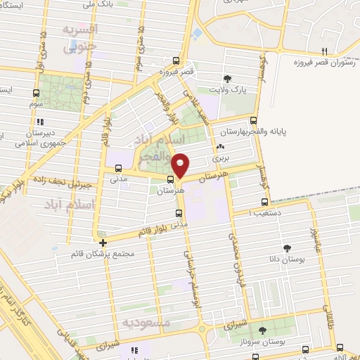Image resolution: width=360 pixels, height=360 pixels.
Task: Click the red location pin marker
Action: [181, 165]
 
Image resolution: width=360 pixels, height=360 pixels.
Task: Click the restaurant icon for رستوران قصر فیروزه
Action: [324, 51]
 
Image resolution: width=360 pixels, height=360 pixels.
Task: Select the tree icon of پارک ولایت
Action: [226, 79]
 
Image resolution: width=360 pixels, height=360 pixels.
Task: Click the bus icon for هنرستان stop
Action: [160, 187]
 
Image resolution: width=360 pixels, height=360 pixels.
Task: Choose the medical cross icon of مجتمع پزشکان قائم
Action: [103, 242]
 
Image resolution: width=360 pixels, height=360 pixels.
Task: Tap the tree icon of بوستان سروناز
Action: [263, 329]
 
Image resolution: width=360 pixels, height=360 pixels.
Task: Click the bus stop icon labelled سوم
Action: [37, 92]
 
